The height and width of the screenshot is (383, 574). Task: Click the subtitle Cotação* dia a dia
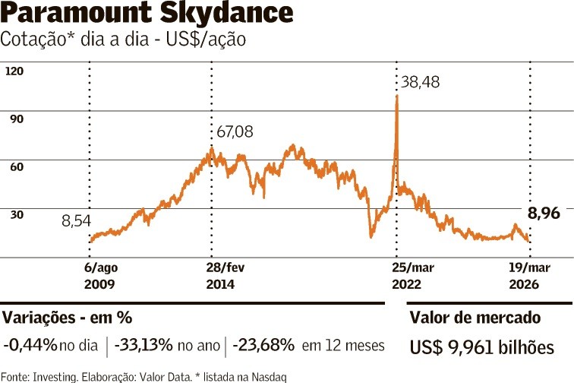tap(123, 40)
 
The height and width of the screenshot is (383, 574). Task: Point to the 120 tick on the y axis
tap(15, 71)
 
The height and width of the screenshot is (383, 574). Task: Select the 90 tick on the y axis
tap(15, 119)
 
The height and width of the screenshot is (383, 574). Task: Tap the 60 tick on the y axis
tap(15, 166)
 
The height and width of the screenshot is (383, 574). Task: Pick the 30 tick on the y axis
tap(15, 214)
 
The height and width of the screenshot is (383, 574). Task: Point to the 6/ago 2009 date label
tap(100, 276)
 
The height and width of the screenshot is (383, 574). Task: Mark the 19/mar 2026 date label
tap(528, 276)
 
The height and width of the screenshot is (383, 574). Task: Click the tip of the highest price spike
tap(396, 97)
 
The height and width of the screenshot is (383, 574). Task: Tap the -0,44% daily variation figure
tap(30, 345)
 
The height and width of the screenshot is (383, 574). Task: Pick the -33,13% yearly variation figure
tap(143, 345)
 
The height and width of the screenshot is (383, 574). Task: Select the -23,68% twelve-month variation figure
tap(263, 345)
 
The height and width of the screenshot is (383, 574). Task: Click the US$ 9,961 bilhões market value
tap(481, 347)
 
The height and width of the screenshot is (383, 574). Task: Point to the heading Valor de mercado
tap(475, 318)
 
